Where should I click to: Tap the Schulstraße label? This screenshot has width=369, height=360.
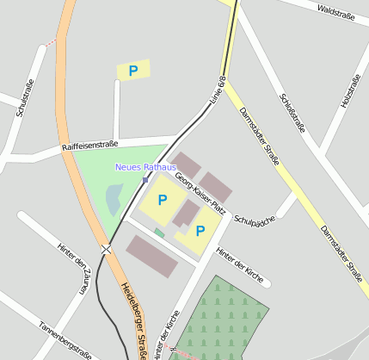tap(24, 98)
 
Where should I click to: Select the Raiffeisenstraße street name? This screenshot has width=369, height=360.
tap(89, 146)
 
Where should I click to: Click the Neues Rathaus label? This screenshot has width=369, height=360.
tap(145, 166)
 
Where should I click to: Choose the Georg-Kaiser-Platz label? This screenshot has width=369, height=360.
tap(200, 194)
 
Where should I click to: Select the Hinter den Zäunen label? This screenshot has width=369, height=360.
tap(73, 267)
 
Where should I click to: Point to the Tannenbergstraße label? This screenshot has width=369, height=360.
tap(65, 339)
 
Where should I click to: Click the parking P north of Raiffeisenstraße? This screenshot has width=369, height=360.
tap(132, 71)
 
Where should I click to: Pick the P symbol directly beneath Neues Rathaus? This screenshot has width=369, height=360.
tap(163, 200)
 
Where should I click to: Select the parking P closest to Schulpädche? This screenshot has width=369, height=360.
tap(200, 231)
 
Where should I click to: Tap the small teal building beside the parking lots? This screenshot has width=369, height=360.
tap(159, 233)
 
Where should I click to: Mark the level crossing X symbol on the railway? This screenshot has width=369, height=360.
tap(106, 250)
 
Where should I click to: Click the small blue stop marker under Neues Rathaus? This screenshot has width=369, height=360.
tap(145, 179)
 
